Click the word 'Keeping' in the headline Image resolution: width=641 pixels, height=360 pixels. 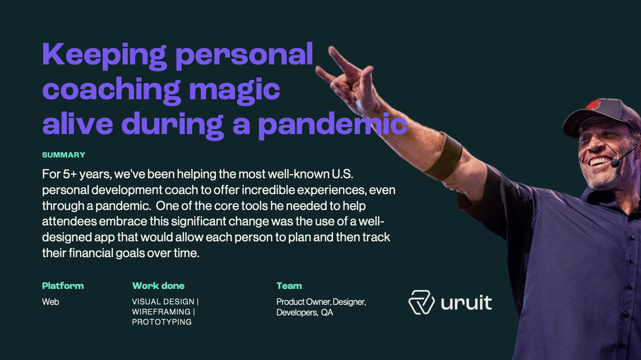point(104,56)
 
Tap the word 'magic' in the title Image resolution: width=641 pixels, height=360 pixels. point(234,90)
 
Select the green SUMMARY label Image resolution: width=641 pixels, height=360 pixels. point(64,155)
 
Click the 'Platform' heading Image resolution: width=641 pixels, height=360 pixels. point(63,285)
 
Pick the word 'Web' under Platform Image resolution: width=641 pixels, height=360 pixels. point(50,302)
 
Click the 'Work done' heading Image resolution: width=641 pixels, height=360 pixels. point(158,285)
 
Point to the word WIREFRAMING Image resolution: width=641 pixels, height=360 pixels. point(161,311)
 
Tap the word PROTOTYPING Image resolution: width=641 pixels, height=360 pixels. point(162,322)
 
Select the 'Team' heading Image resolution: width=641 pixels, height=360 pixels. point(289,285)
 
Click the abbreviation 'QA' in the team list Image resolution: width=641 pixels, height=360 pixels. point(327,312)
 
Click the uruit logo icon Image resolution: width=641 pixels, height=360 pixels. point(422,302)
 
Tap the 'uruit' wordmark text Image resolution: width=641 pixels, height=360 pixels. point(466,303)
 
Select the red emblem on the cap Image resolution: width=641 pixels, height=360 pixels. point(593,105)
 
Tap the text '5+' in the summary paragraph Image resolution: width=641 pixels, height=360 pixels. point(70,174)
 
